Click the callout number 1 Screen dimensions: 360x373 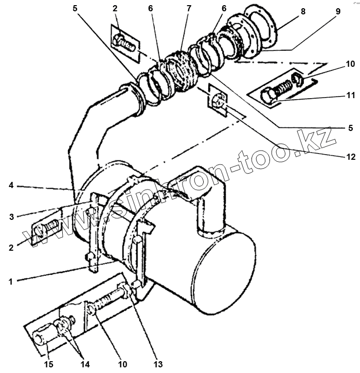click(11, 281)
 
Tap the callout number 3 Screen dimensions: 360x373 click(11, 217)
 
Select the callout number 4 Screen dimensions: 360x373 click(11, 186)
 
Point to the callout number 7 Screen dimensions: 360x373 click(189, 8)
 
